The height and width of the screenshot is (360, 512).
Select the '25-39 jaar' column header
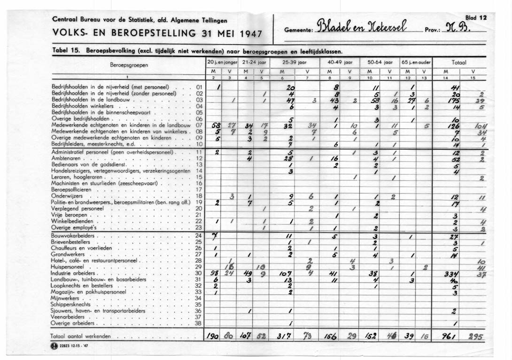(x=294, y=62)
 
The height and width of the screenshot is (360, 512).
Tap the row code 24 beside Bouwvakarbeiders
(x=198, y=235)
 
